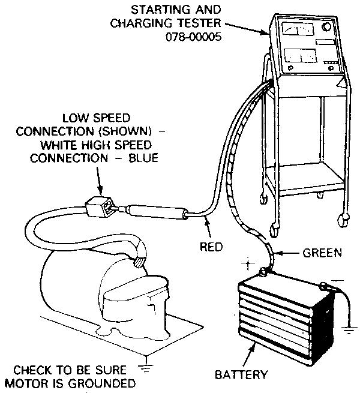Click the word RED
pyautogui.click(x=211, y=246)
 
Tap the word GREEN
pyautogui.click(x=322, y=253)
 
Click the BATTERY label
pyautogui.click(x=240, y=376)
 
